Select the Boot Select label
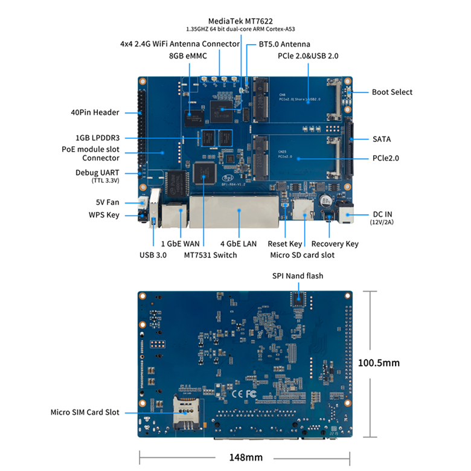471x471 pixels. pos(392,92)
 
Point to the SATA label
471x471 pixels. pos(382,139)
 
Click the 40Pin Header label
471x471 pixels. pos(95,112)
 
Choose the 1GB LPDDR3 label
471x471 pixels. pos(97,138)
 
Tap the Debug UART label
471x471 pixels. pos(97,173)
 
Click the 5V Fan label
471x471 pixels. pos(107,202)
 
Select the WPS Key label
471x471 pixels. pos(104,215)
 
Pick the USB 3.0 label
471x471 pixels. pos(153,255)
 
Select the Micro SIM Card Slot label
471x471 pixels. pos(85,412)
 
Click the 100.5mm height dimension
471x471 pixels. pos(379,363)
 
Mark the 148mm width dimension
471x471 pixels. pos(245,457)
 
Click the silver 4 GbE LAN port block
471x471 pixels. pos(237,211)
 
